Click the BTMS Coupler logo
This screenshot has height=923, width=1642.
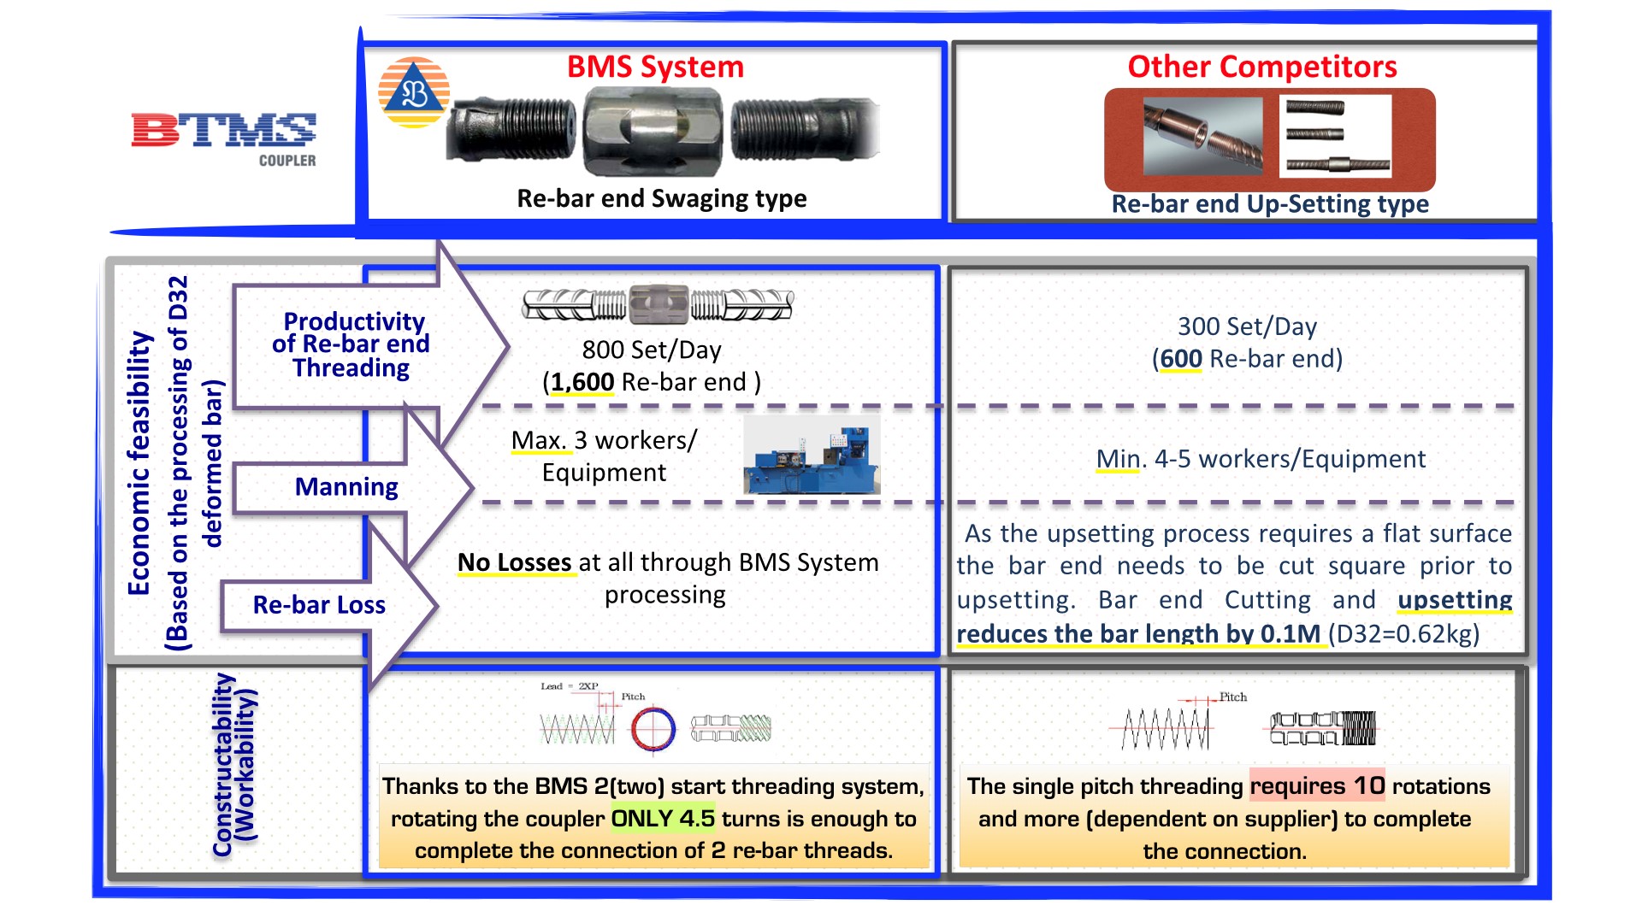224,137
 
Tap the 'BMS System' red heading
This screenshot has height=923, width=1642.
655,67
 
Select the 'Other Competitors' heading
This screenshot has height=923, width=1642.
1261,67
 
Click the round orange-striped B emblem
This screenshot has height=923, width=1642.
414,92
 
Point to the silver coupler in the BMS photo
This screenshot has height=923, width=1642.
652,131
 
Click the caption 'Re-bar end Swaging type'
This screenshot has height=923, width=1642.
661,198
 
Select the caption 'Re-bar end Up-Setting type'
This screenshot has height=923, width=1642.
1269,203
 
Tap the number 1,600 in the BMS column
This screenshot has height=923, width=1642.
582,382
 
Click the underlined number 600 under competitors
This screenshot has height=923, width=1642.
1181,359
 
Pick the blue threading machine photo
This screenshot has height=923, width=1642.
811,456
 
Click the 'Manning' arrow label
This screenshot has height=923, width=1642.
346,487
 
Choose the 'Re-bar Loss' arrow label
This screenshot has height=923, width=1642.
319,605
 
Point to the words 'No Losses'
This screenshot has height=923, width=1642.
515,562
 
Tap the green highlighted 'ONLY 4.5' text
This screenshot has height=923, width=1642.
663,819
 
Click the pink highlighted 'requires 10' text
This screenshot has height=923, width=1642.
1316,785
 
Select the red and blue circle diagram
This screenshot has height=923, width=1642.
653,729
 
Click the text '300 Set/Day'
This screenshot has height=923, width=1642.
1247,326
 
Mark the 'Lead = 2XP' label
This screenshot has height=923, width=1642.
569,686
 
